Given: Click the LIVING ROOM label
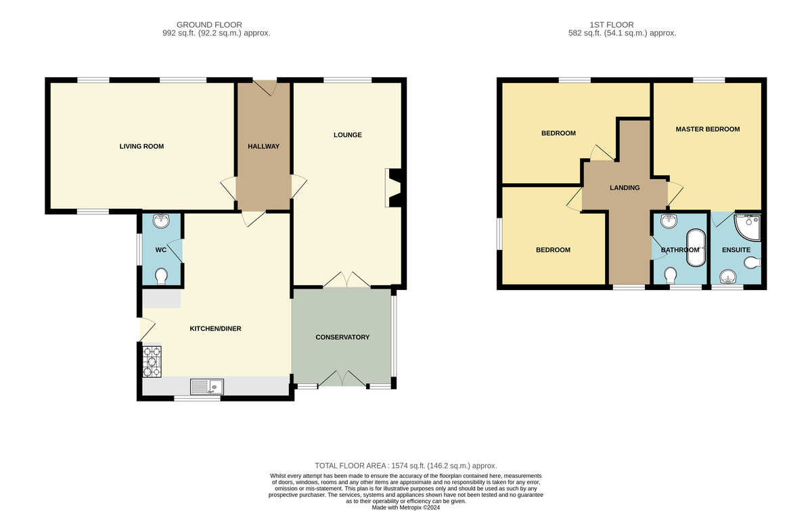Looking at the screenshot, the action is pyautogui.click(x=141, y=146).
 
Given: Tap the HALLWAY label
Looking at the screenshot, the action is pyautogui.click(x=263, y=146).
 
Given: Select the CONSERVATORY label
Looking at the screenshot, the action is pyautogui.click(x=342, y=337).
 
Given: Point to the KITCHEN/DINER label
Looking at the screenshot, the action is pyautogui.click(x=215, y=328).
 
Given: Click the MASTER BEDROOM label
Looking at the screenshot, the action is pyautogui.click(x=708, y=129).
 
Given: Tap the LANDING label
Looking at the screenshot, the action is pyautogui.click(x=625, y=188).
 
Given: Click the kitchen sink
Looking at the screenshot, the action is pyautogui.click(x=207, y=387).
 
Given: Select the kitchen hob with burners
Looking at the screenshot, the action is pyautogui.click(x=152, y=362).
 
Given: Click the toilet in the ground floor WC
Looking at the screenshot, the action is pyautogui.click(x=161, y=276).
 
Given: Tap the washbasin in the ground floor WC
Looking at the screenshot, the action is pyautogui.click(x=161, y=220).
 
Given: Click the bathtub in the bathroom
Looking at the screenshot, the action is pyautogui.click(x=696, y=247).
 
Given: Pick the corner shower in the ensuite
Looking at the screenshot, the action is pyautogui.click(x=747, y=228).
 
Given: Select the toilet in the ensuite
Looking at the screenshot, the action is pyautogui.click(x=752, y=263).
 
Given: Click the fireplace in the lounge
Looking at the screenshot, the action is pyautogui.click(x=394, y=188).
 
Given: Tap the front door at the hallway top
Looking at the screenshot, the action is pyautogui.click(x=265, y=88).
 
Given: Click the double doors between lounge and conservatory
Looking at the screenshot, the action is pyautogui.click(x=346, y=280).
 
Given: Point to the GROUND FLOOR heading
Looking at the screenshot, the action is pyautogui.click(x=209, y=24).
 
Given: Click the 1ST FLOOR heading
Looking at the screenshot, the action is pyautogui.click(x=612, y=24).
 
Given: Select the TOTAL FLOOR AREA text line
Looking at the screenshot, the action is pyautogui.click(x=405, y=466).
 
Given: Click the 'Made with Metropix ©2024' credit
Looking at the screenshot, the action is pyautogui.click(x=406, y=508).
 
